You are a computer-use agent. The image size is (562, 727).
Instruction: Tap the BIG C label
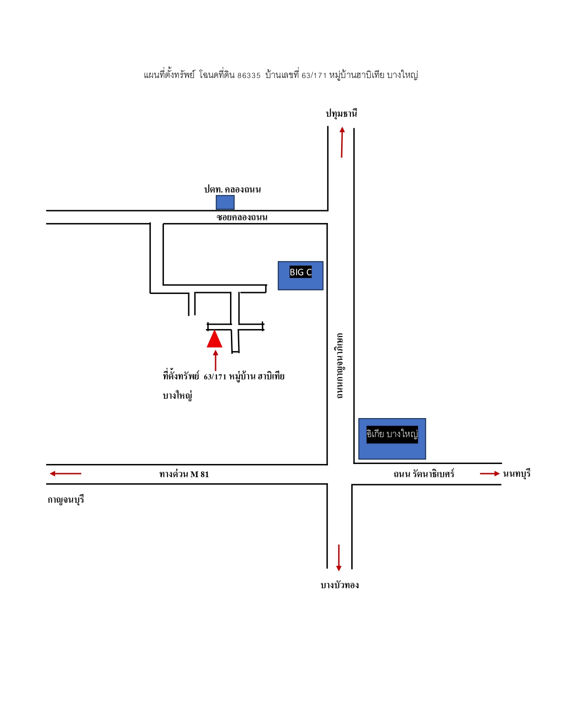pos(300,272)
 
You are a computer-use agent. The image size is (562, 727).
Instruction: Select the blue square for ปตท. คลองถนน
pos(225,202)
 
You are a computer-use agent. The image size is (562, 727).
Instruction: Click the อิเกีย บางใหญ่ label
pos(392,434)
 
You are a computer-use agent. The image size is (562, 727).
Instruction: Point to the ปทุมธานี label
pos(342,113)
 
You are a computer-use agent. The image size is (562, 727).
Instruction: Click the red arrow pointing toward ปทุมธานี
pos(342,142)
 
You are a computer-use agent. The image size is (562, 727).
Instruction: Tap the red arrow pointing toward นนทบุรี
pos(490,473)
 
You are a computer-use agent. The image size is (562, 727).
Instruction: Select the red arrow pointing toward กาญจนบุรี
pos(65,473)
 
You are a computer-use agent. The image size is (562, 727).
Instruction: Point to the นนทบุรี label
pos(517,474)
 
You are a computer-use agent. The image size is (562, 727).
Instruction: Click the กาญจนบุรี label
pos(66,500)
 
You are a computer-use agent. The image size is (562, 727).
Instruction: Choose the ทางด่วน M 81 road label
pos(184,474)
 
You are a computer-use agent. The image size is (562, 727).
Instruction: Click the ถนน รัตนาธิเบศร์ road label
pos(424,474)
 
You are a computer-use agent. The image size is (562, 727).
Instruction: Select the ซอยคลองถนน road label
pos(242,217)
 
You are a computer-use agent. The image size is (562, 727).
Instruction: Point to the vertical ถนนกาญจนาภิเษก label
pos(340,366)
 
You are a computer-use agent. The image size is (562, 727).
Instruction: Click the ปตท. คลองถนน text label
pos(233,189)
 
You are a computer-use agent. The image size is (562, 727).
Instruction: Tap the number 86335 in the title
pos(249,76)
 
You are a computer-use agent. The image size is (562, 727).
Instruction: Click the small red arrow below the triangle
pos(216,360)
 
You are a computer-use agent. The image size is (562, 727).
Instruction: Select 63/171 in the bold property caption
pos(215,377)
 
